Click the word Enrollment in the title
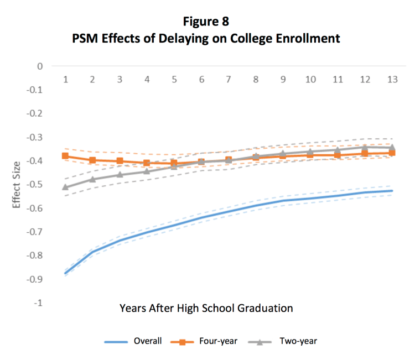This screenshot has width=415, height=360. point(310,39)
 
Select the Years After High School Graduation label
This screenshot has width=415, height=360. point(206,307)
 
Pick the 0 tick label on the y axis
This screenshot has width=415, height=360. point(39,66)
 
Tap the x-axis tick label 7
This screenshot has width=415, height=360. point(228,80)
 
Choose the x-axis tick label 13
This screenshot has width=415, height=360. point(392,80)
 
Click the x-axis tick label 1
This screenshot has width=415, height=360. point(65,80)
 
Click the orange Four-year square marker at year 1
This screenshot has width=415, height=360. point(65,156)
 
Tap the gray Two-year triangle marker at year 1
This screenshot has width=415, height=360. point(65,187)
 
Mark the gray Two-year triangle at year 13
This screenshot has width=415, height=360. point(392,148)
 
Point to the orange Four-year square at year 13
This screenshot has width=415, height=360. point(392,153)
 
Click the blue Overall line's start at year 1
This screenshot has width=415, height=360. point(65,273)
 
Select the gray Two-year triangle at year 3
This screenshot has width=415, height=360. point(120,175)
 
